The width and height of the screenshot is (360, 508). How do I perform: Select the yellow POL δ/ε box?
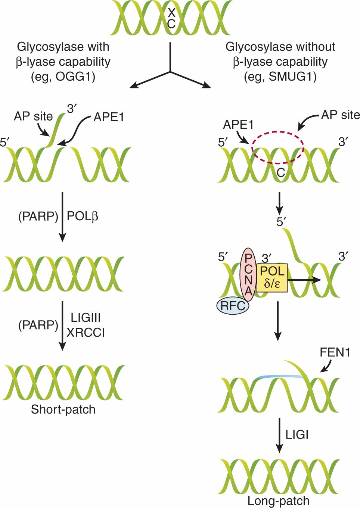(x=272, y=278)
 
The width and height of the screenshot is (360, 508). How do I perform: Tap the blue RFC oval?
(x=233, y=306)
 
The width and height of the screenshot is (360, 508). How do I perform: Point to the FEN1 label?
(x=335, y=352)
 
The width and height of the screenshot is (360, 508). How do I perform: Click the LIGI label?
(x=297, y=435)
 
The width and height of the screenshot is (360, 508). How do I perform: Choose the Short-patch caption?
(x=63, y=409)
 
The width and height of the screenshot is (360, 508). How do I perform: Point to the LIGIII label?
(x=86, y=318)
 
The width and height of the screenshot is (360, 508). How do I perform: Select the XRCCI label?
(x=86, y=332)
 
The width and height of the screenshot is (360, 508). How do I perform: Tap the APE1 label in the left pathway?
(x=109, y=117)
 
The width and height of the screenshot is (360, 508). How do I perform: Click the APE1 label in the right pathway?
(x=238, y=125)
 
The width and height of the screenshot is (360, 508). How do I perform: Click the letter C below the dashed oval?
(x=281, y=172)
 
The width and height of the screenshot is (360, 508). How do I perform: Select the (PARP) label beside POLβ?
(x=38, y=216)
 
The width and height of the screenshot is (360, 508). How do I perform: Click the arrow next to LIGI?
(x=279, y=435)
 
